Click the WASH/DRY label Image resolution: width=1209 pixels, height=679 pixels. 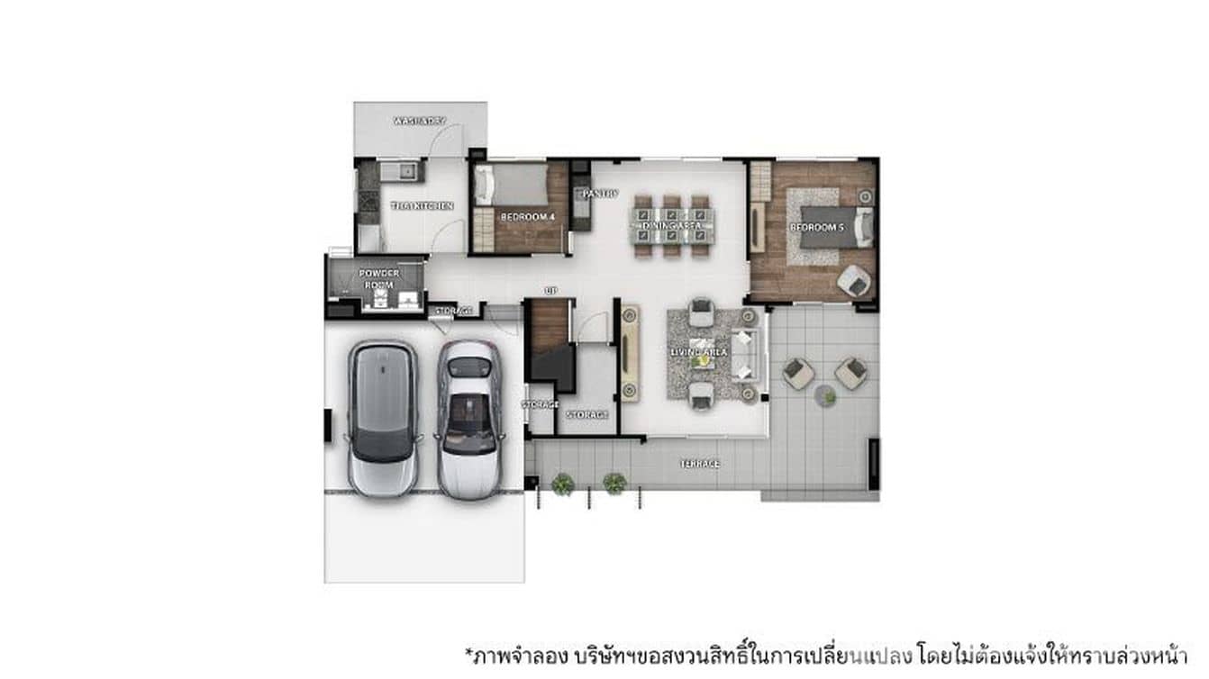[x=420, y=121]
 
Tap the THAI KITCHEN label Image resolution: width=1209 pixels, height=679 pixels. [x=422, y=206]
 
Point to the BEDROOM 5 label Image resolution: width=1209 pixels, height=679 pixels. [x=816, y=228]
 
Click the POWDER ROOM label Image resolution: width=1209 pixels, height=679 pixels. [x=378, y=278]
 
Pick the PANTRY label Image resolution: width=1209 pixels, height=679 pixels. [x=599, y=194]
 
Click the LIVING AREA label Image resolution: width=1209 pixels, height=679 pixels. [x=699, y=352]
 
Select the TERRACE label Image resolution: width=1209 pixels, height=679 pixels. [x=699, y=464]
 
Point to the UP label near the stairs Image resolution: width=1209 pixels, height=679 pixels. [x=550, y=290]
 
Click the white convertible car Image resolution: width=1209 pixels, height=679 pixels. [x=468, y=419]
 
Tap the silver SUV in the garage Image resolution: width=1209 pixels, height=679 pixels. [x=382, y=417]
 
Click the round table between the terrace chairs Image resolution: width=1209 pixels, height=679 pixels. [x=825, y=394]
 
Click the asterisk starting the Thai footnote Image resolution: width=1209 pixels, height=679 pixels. [x=468, y=649]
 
